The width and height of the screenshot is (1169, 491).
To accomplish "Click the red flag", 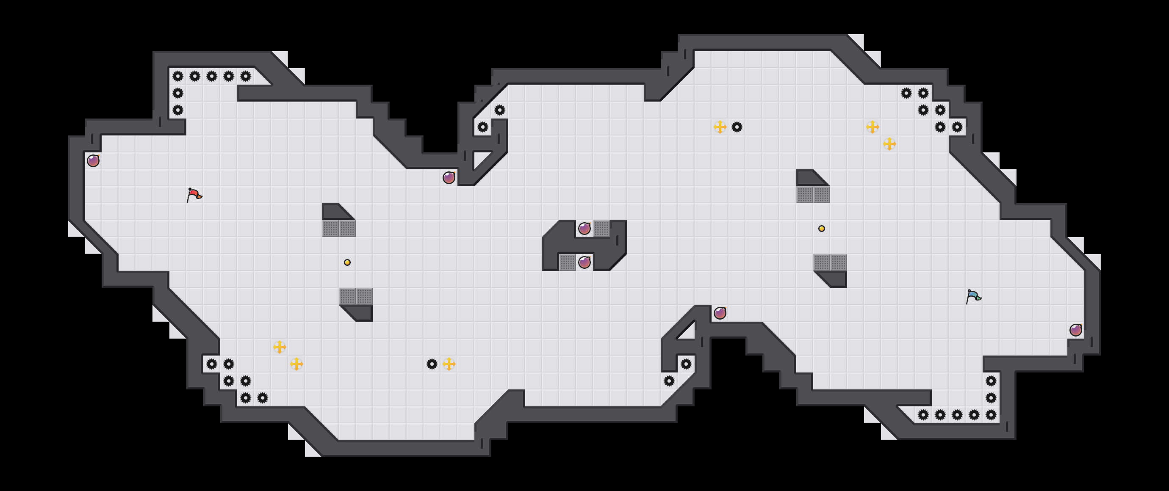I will [x=194, y=195].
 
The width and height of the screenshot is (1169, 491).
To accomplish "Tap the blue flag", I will [x=973, y=296].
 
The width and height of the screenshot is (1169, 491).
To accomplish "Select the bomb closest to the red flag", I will [x=93, y=160].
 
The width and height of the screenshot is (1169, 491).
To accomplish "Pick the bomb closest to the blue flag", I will [x=1075, y=330].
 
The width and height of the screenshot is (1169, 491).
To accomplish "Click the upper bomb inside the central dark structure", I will [x=584, y=229].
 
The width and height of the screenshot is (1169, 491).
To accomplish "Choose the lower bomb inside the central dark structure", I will [x=584, y=262].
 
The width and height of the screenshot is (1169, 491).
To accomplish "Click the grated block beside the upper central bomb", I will [x=601, y=229].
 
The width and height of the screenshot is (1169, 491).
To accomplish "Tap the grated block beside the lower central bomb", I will [x=567, y=262].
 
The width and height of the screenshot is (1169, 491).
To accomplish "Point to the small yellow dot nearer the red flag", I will [x=347, y=262].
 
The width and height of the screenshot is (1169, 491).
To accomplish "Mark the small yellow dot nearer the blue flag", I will [x=821, y=229].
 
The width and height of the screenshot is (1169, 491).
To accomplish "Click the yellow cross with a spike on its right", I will [x=720, y=127].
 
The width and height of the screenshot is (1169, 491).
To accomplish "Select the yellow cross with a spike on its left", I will [x=449, y=364].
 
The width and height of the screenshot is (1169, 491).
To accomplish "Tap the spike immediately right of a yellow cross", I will [x=737, y=127].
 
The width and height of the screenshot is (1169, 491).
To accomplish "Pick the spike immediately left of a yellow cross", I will [x=432, y=364].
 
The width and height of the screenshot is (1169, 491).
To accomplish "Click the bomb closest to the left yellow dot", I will [x=449, y=178].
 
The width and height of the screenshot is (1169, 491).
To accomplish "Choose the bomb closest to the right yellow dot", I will [x=720, y=313].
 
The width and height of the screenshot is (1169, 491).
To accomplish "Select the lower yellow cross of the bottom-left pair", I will [x=296, y=364].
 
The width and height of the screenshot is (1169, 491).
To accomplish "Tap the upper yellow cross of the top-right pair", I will [x=872, y=127].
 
